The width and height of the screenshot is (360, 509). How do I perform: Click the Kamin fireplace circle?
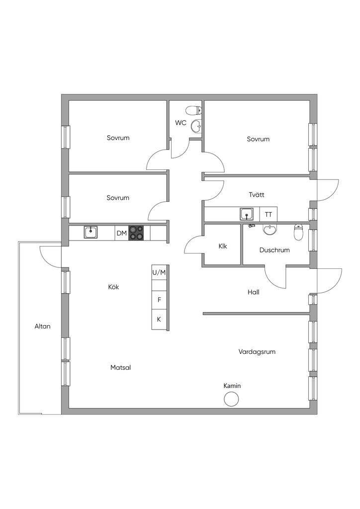[x=231, y=399]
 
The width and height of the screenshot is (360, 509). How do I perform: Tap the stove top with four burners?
[x=137, y=233]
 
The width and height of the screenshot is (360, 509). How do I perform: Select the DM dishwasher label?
[x=121, y=233]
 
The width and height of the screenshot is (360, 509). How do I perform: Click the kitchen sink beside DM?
[x=90, y=232]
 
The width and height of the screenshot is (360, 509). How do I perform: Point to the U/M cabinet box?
[x=159, y=272]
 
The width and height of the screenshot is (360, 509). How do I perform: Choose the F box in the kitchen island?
[x=159, y=300]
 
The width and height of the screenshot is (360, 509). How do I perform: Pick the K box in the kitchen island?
[x=159, y=319]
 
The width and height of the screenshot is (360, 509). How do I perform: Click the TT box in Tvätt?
[x=269, y=215]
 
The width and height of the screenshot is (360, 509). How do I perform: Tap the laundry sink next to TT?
[x=247, y=214]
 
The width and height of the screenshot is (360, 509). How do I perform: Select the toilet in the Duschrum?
[x=298, y=232]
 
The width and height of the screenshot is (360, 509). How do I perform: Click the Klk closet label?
[x=222, y=246]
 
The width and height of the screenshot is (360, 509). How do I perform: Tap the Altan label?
[x=42, y=327]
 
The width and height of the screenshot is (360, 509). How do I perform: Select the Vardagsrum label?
[x=257, y=351]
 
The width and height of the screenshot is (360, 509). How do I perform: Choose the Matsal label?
[x=121, y=367]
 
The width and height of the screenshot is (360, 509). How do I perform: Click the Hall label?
[x=254, y=292]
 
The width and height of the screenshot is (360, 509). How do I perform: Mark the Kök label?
[x=113, y=287]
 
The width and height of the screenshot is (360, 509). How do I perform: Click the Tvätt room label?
[x=257, y=194]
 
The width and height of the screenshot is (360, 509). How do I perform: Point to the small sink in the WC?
[x=196, y=126]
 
